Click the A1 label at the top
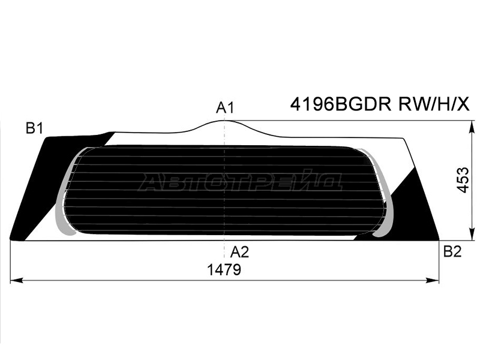point(225,108)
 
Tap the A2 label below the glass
point(239,252)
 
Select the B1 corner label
point(34,128)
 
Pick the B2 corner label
point(452,251)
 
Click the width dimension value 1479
point(224,269)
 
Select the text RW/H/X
point(433,105)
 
